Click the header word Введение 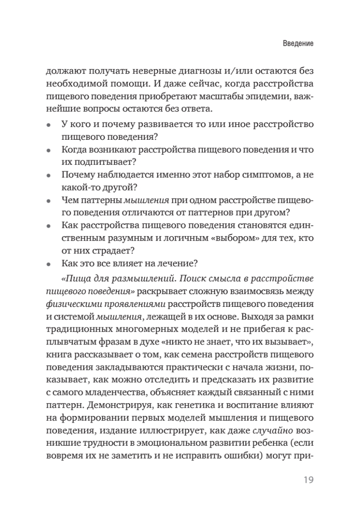click(297, 44)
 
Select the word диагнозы click(189, 71)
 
